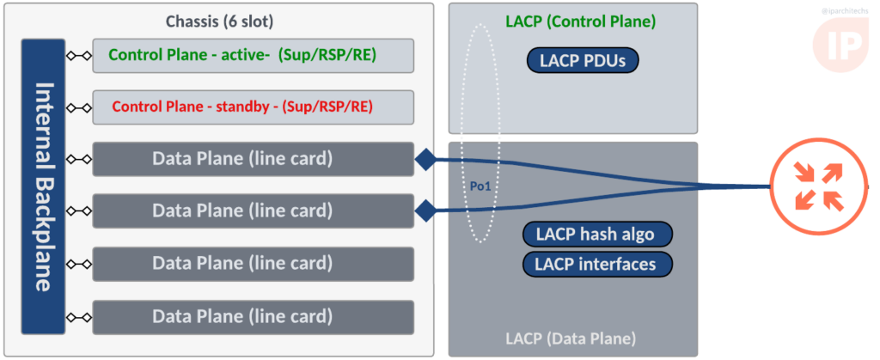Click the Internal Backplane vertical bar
(43, 186)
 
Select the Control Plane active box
(254, 56)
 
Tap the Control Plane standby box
(254, 107)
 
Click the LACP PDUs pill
(583, 60)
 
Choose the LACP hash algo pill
(597, 234)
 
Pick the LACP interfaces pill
(597, 264)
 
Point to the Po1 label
(480, 186)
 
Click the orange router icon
(818, 186)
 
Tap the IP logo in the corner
(840, 44)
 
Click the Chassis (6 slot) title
(219, 22)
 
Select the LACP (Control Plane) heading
(581, 22)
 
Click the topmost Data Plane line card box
(254, 159)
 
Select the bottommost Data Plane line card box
(254, 317)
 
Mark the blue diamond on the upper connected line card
(425, 160)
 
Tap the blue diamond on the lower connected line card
(425, 211)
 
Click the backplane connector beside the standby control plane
(78, 107)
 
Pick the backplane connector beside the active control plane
(78, 56)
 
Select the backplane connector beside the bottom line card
(78, 317)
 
